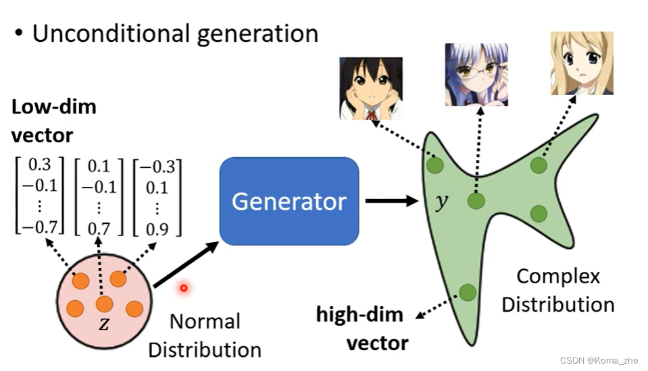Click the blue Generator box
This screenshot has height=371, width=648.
pyautogui.click(x=289, y=201)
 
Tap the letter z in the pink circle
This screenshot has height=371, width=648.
pyautogui.click(x=104, y=324)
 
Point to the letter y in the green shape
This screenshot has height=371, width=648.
pyautogui.click(x=441, y=202)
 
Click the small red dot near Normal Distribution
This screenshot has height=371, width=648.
pyautogui.click(x=183, y=289)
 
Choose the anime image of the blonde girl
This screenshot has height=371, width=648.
pyautogui.click(x=581, y=63)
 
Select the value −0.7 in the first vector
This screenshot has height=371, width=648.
pyautogui.click(x=37, y=228)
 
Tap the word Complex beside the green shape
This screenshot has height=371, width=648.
pyautogui.click(x=558, y=276)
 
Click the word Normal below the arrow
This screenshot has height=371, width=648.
pyautogui.click(x=204, y=321)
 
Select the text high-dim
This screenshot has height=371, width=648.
pyautogui.click(x=359, y=314)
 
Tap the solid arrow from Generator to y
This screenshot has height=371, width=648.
pyautogui.click(x=390, y=200)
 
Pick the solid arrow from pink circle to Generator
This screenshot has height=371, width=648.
pyautogui.click(x=186, y=265)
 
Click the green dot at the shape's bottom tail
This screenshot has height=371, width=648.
pyautogui.click(x=468, y=292)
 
